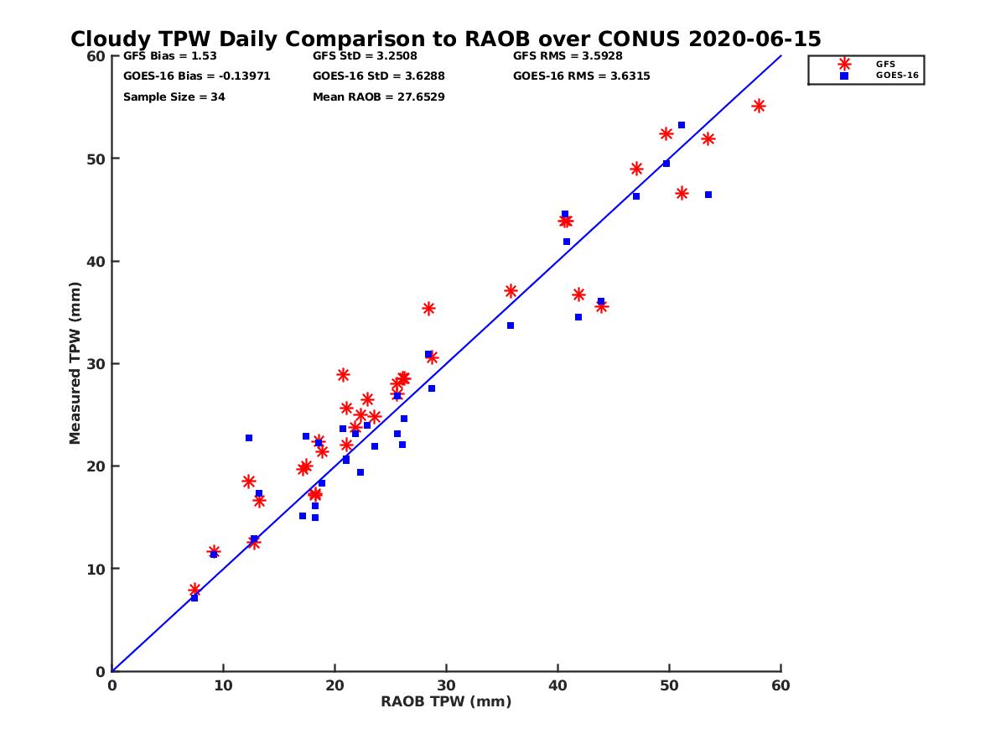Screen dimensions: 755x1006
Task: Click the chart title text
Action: click(x=446, y=39)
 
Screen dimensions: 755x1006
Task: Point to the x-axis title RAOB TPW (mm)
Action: click(x=446, y=702)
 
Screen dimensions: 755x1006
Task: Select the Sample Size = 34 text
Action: click(x=174, y=97)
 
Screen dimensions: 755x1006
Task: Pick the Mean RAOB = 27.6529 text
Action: click(x=378, y=97)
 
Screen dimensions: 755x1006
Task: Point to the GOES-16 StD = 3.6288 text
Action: click(x=378, y=76)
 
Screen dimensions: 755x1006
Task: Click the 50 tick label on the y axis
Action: click(x=96, y=159)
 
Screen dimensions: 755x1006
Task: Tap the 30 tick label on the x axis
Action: click(x=446, y=685)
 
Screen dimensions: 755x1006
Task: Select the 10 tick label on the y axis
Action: click(x=96, y=569)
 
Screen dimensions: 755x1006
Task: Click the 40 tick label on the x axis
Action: click(x=557, y=685)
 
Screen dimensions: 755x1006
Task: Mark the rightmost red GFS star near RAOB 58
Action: click(x=759, y=106)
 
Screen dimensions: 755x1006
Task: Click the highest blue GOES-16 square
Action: click(x=682, y=125)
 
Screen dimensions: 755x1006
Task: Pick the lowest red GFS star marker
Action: click(x=194, y=590)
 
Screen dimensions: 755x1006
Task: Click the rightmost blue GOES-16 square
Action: click(x=708, y=195)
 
